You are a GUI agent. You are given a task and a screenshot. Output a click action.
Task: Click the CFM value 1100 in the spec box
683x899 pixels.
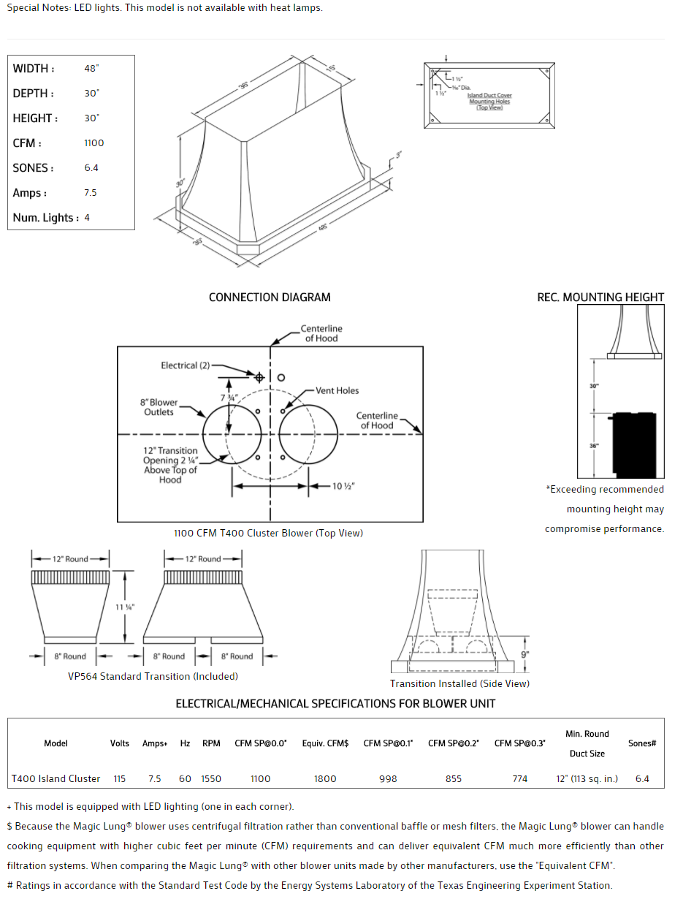(94, 143)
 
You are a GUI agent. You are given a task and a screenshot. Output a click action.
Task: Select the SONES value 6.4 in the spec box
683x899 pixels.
(91, 168)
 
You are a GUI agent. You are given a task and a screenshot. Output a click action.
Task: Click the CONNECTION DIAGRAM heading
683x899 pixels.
(270, 297)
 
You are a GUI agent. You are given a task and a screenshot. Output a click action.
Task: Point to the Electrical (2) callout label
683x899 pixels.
(185, 365)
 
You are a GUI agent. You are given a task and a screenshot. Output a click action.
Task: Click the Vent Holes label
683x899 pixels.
(337, 391)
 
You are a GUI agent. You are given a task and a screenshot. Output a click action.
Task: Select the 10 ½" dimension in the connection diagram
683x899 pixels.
(343, 486)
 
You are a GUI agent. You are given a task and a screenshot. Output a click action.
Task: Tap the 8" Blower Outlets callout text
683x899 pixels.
(159, 407)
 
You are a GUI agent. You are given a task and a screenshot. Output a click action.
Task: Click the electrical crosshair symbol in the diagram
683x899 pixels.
(259, 377)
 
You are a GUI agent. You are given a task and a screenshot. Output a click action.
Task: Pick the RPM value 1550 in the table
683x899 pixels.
(211, 779)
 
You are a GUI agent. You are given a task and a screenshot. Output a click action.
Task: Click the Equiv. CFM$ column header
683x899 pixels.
(325, 743)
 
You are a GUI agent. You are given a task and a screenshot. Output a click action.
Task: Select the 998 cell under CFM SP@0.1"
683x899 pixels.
(388, 779)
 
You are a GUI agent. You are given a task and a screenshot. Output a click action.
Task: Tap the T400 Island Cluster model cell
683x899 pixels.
(56, 779)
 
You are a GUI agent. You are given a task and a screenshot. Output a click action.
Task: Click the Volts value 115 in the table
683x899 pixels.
(120, 779)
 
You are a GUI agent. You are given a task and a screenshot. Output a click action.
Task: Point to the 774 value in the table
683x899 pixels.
(519, 779)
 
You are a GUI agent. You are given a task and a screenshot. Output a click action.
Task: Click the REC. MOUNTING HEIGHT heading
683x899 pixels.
(600, 297)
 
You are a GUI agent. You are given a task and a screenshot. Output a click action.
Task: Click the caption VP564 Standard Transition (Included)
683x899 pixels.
(153, 677)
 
